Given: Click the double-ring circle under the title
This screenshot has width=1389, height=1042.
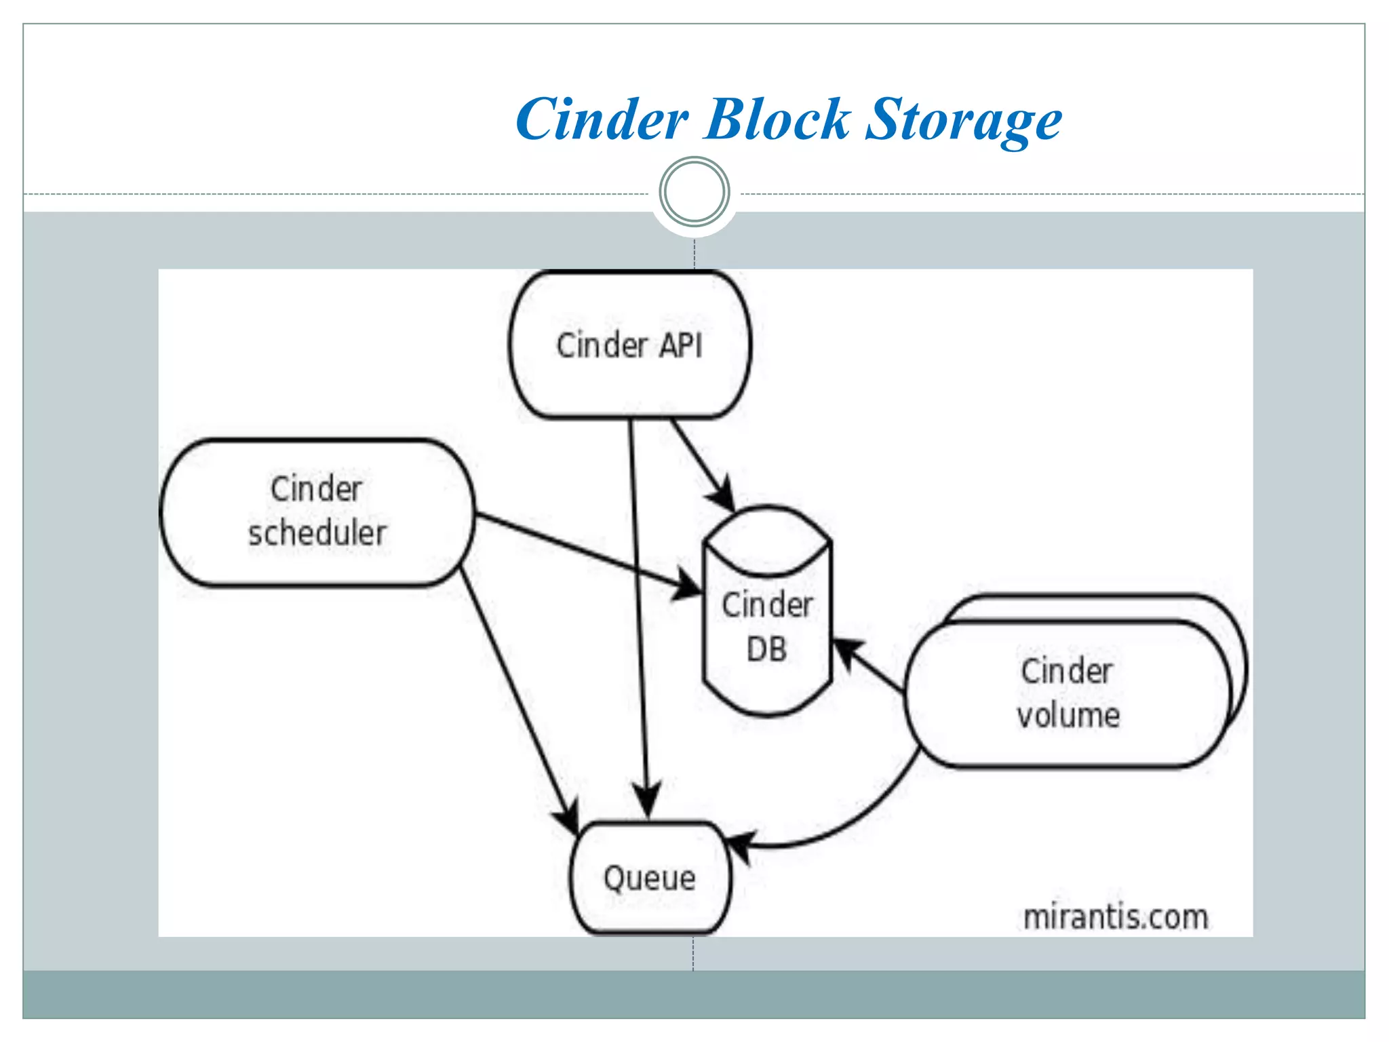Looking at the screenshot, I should pos(694,192).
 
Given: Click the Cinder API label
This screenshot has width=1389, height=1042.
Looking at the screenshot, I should pos(629,345).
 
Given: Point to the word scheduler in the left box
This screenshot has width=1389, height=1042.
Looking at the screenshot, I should pos(317,533).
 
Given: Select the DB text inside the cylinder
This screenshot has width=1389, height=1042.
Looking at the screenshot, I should pos(766,649).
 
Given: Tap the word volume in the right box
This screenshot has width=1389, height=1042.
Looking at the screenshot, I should pos(1068,716).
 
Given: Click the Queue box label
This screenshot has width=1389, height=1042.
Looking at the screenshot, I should pos(649,879).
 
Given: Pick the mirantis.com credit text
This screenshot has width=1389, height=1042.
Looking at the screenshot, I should pos(1115,917).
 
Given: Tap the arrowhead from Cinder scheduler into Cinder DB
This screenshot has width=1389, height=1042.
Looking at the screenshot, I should pos(688,586).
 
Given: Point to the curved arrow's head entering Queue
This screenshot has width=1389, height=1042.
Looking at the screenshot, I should pos(740,845).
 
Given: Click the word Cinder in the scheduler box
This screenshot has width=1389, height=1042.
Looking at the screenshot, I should pos(316,489).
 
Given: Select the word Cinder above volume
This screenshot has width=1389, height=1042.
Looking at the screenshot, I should pos(1067,672).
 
